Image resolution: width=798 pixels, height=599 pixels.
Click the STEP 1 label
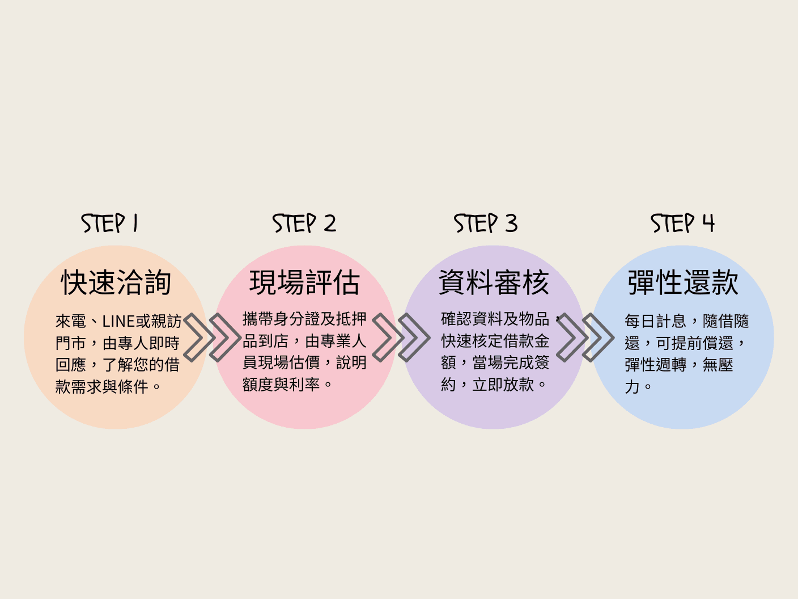click(x=109, y=223)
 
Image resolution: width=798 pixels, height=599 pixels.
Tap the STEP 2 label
click(x=304, y=223)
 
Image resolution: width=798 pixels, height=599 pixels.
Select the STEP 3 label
click(x=486, y=223)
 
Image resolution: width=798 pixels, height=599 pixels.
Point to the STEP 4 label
click(x=683, y=223)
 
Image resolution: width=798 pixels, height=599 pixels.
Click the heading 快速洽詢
click(x=116, y=282)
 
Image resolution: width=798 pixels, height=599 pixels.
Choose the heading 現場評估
click(x=305, y=282)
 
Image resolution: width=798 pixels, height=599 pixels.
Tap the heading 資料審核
click(x=494, y=282)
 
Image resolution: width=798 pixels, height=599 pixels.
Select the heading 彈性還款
click(x=683, y=282)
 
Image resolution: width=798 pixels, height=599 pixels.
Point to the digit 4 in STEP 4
click(x=708, y=222)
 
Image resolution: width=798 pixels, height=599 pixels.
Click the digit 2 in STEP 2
click(x=330, y=223)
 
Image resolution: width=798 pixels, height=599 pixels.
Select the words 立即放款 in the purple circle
click(x=503, y=385)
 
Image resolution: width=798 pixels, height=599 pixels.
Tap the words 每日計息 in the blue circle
click(x=656, y=321)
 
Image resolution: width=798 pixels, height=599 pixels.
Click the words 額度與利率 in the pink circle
click(x=281, y=385)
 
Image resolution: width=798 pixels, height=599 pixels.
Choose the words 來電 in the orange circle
click(x=70, y=322)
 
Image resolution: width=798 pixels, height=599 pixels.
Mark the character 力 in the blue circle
click(x=632, y=387)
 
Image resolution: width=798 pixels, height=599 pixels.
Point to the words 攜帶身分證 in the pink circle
click(x=281, y=319)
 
